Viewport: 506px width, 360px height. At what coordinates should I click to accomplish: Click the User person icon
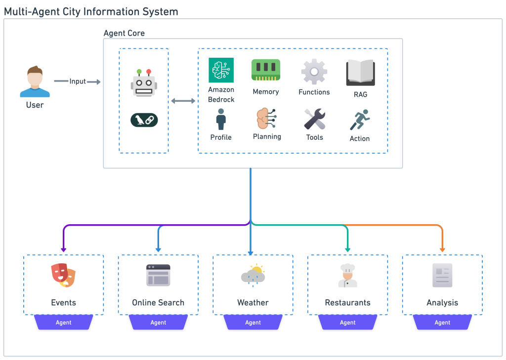(35, 82)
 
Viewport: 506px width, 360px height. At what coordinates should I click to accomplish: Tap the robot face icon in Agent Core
(144, 83)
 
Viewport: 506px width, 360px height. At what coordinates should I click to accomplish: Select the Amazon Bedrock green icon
(221, 70)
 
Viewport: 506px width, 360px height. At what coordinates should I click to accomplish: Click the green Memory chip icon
(266, 70)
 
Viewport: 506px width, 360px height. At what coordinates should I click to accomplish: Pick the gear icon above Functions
(314, 72)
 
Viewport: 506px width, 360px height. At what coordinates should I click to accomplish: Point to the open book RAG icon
(360, 72)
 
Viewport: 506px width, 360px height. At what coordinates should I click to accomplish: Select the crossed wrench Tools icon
(314, 119)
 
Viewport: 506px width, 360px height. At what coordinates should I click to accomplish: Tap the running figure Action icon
(359, 120)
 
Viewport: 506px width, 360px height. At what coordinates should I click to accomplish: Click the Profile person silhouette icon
(221, 120)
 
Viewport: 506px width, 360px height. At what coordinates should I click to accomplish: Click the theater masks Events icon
(64, 276)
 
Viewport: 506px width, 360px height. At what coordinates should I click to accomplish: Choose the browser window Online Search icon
(158, 275)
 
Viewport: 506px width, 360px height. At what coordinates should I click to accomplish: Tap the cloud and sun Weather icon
(253, 275)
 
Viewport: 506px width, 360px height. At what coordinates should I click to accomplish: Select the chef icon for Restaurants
(347, 275)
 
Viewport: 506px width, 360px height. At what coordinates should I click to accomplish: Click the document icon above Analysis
(442, 275)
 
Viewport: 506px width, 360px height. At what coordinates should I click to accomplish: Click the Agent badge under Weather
(253, 322)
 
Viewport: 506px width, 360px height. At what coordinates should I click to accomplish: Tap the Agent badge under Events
(64, 322)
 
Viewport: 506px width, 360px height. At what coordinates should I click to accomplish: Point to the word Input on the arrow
(78, 81)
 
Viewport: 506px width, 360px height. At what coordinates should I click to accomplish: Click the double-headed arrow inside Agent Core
(183, 101)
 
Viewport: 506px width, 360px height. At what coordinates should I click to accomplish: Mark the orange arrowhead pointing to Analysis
(442, 249)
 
